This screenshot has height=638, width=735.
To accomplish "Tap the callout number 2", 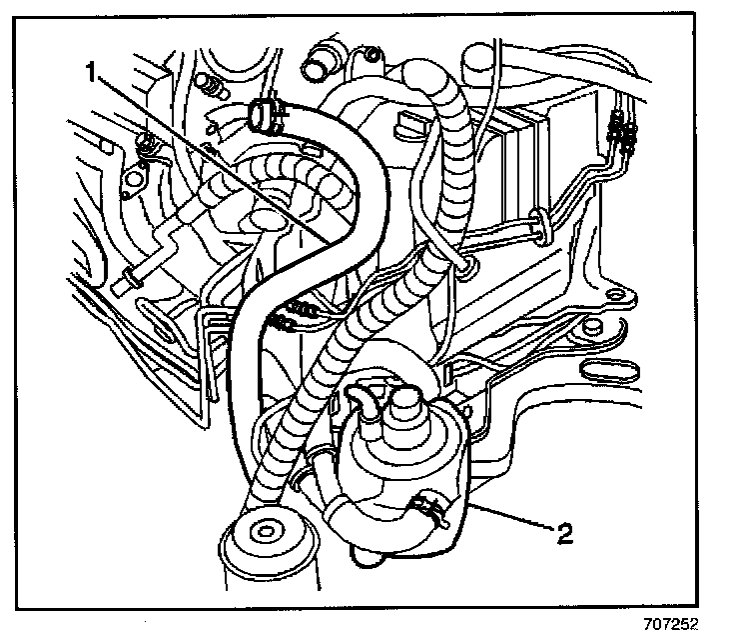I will [x=564, y=534].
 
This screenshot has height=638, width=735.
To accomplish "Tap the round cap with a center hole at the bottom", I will [x=267, y=531].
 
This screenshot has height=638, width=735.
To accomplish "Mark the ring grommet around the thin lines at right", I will [x=541, y=225].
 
